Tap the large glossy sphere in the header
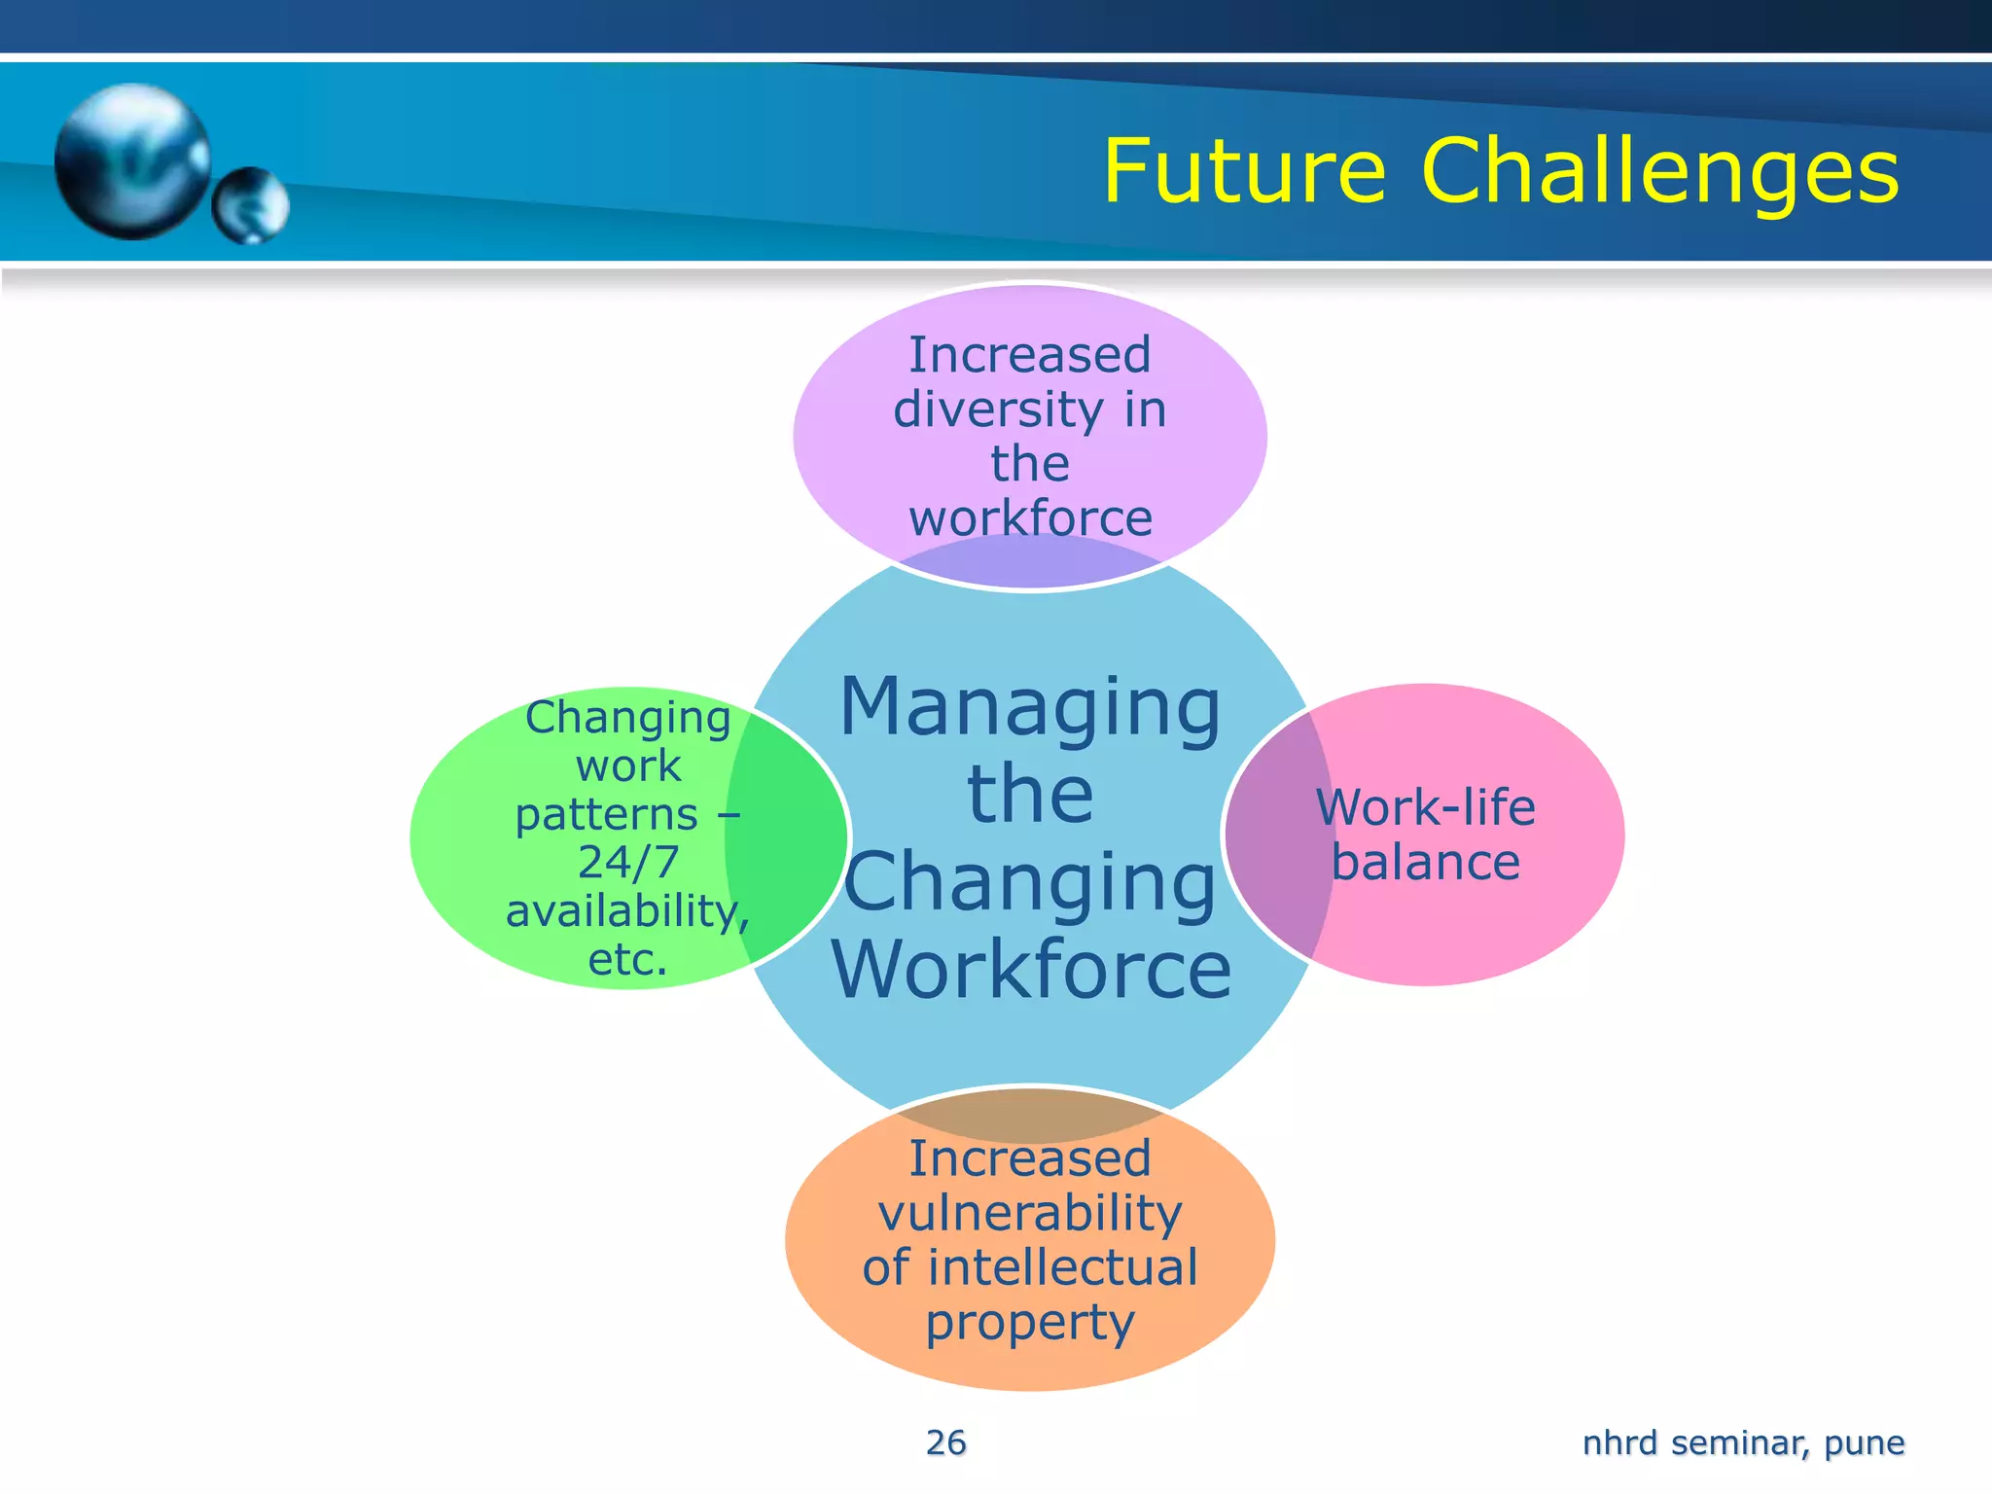tap(131, 160)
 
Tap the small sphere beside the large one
tap(251, 205)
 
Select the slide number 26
tap(945, 1442)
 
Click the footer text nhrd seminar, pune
tap(1743, 1442)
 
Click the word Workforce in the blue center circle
tap(1031, 970)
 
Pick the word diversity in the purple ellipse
tap(998, 409)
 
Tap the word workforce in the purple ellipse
tap(1030, 517)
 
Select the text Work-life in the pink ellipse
tap(1425, 807)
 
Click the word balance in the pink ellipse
tap(1425, 863)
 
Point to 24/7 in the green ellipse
tap(627, 862)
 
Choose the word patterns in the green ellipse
tap(606, 814)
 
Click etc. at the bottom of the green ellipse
tap(627, 960)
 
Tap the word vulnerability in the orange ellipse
tap(1030, 1213)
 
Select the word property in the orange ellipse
tap(1030, 1323)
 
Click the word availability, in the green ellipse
tap(627, 911)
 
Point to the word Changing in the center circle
tap(1030, 883)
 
